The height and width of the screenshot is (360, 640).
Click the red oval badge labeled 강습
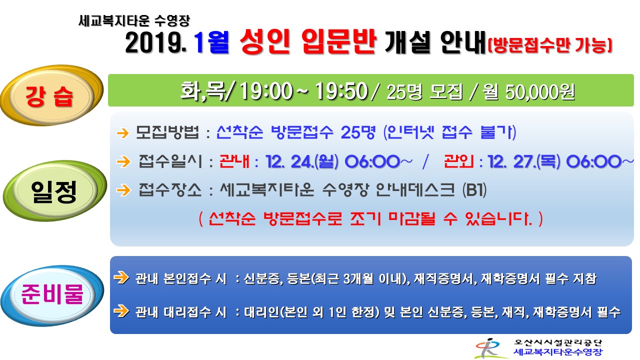click(51, 95)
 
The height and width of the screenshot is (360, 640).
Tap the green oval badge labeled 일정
click(54, 191)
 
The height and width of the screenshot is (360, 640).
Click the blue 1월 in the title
click(211, 43)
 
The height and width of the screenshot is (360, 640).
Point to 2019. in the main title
click(155, 43)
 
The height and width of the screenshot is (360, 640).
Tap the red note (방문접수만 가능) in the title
click(550, 45)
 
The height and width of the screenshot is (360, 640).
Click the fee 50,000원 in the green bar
click(540, 92)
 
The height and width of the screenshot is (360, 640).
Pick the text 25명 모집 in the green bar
click(424, 92)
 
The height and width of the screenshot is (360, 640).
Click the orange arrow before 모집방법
click(123, 133)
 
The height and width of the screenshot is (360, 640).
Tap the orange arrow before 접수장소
click(123, 190)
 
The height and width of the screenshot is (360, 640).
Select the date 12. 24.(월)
click(302, 161)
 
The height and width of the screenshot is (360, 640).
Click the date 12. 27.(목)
click(524, 161)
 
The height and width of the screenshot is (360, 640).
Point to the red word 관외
click(459, 161)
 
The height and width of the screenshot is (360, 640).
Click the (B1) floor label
click(474, 189)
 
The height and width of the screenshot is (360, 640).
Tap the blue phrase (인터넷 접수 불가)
click(449, 132)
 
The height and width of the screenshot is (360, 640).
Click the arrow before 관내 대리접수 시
click(121, 310)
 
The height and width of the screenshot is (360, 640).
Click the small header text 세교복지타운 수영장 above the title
click(134, 20)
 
